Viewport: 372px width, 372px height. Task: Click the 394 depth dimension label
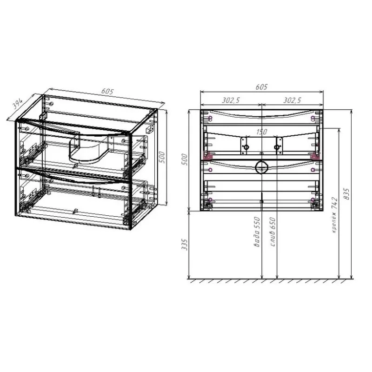click(17, 104)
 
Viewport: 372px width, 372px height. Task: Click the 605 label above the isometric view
click(107, 91)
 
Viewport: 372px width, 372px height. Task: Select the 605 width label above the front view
click(261, 87)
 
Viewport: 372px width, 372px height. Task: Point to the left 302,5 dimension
click(231, 100)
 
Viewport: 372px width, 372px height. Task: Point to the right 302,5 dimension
click(292, 100)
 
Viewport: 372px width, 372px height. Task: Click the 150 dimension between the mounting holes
click(261, 132)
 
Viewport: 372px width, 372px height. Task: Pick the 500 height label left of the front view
click(185, 159)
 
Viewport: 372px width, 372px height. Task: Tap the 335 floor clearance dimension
click(185, 245)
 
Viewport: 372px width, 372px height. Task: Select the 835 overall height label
click(346, 194)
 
